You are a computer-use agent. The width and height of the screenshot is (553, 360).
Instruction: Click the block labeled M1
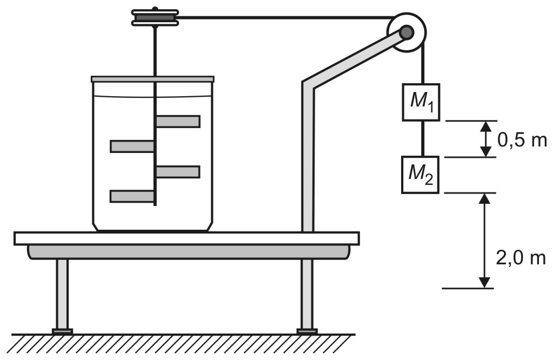click(421, 102)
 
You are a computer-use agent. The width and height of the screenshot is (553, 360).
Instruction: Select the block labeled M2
click(421, 175)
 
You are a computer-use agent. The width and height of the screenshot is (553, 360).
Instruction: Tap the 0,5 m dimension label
click(522, 141)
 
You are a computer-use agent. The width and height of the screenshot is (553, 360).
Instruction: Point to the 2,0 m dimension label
click(521, 258)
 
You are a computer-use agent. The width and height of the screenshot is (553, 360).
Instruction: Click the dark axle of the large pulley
click(407, 32)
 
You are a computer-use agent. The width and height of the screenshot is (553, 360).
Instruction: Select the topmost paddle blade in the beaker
click(178, 121)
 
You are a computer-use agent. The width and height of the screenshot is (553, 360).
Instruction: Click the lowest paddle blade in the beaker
click(132, 196)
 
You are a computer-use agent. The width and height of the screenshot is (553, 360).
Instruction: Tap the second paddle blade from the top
click(132, 146)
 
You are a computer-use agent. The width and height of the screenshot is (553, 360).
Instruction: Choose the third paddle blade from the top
click(178, 172)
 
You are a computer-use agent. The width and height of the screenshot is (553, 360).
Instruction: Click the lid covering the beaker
click(152, 79)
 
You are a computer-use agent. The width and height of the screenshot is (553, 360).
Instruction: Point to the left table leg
click(62, 294)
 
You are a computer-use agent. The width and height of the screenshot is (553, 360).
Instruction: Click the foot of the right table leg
click(307, 331)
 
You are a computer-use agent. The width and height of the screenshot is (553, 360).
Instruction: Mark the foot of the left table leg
click(62, 331)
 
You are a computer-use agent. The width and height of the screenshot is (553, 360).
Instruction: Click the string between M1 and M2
click(421, 139)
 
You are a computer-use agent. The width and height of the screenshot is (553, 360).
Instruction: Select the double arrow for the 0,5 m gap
click(486, 139)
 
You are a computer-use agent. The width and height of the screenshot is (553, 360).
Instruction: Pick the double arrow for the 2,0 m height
click(485, 241)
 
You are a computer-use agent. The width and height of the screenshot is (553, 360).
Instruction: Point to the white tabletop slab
click(187, 239)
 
